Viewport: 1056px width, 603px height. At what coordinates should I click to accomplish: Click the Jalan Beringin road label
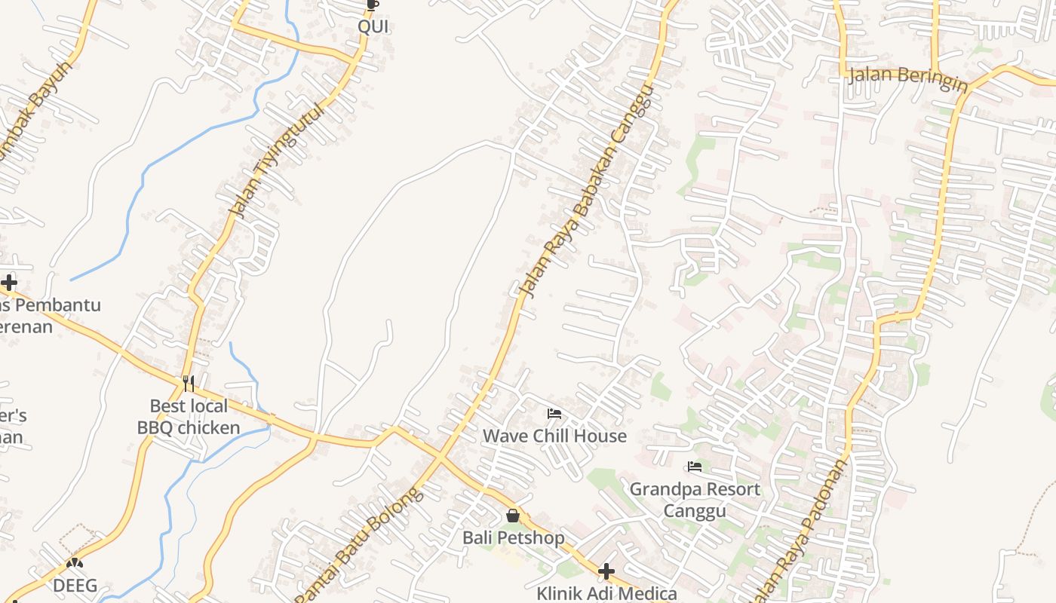pos(908,78)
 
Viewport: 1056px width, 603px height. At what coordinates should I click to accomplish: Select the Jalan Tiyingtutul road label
pos(277,161)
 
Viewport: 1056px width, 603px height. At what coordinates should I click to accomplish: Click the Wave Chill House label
pos(554,436)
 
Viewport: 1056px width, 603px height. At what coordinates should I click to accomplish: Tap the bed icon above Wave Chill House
pos(554,414)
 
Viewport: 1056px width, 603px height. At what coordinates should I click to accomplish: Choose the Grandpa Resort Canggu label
pos(695,500)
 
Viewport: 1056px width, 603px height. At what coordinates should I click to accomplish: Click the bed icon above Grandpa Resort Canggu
pos(695,467)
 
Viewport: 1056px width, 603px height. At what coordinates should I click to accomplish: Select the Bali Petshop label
pos(513,538)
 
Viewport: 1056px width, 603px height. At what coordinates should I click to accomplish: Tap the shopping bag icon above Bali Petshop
pos(513,516)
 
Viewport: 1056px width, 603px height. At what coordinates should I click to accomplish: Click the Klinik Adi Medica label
pos(606,593)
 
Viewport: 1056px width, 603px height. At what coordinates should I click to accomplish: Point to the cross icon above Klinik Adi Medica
pos(606,571)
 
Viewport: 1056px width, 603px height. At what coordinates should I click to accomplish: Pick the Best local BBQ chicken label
pos(189,417)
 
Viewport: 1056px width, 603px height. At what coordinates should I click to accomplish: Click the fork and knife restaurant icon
pos(189,384)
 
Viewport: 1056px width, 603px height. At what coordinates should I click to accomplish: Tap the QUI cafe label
pos(373,26)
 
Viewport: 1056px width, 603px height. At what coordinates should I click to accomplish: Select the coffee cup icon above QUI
pos(371,5)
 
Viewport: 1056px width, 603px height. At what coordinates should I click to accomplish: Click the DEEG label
pos(75,585)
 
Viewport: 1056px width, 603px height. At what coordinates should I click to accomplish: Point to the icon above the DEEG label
pos(74,563)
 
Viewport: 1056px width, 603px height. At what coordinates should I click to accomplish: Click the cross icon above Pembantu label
pos(9,283)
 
